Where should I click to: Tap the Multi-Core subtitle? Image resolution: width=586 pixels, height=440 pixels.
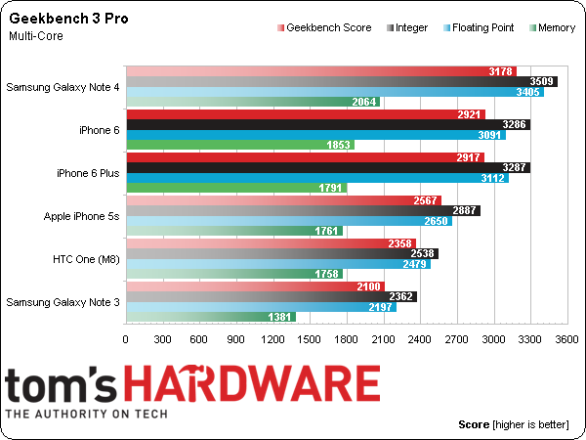[36, 36]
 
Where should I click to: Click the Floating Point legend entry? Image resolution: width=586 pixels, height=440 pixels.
[474, 28]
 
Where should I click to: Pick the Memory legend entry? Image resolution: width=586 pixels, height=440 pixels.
[555, 28]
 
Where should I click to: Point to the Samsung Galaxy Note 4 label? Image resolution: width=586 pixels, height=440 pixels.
[63, 87]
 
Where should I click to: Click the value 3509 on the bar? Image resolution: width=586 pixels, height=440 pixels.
[542, 81]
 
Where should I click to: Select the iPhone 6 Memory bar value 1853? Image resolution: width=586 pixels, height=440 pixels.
[338, 145]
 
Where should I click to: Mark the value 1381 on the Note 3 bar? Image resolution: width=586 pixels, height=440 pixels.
[281, 317]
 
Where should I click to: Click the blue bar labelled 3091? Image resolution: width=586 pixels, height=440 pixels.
[313, 135]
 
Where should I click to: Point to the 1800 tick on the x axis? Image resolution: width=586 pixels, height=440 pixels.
[346, 339]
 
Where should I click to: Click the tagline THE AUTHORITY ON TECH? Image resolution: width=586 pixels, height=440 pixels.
[87, 414]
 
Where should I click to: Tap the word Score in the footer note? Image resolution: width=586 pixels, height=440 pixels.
[474, 425]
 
